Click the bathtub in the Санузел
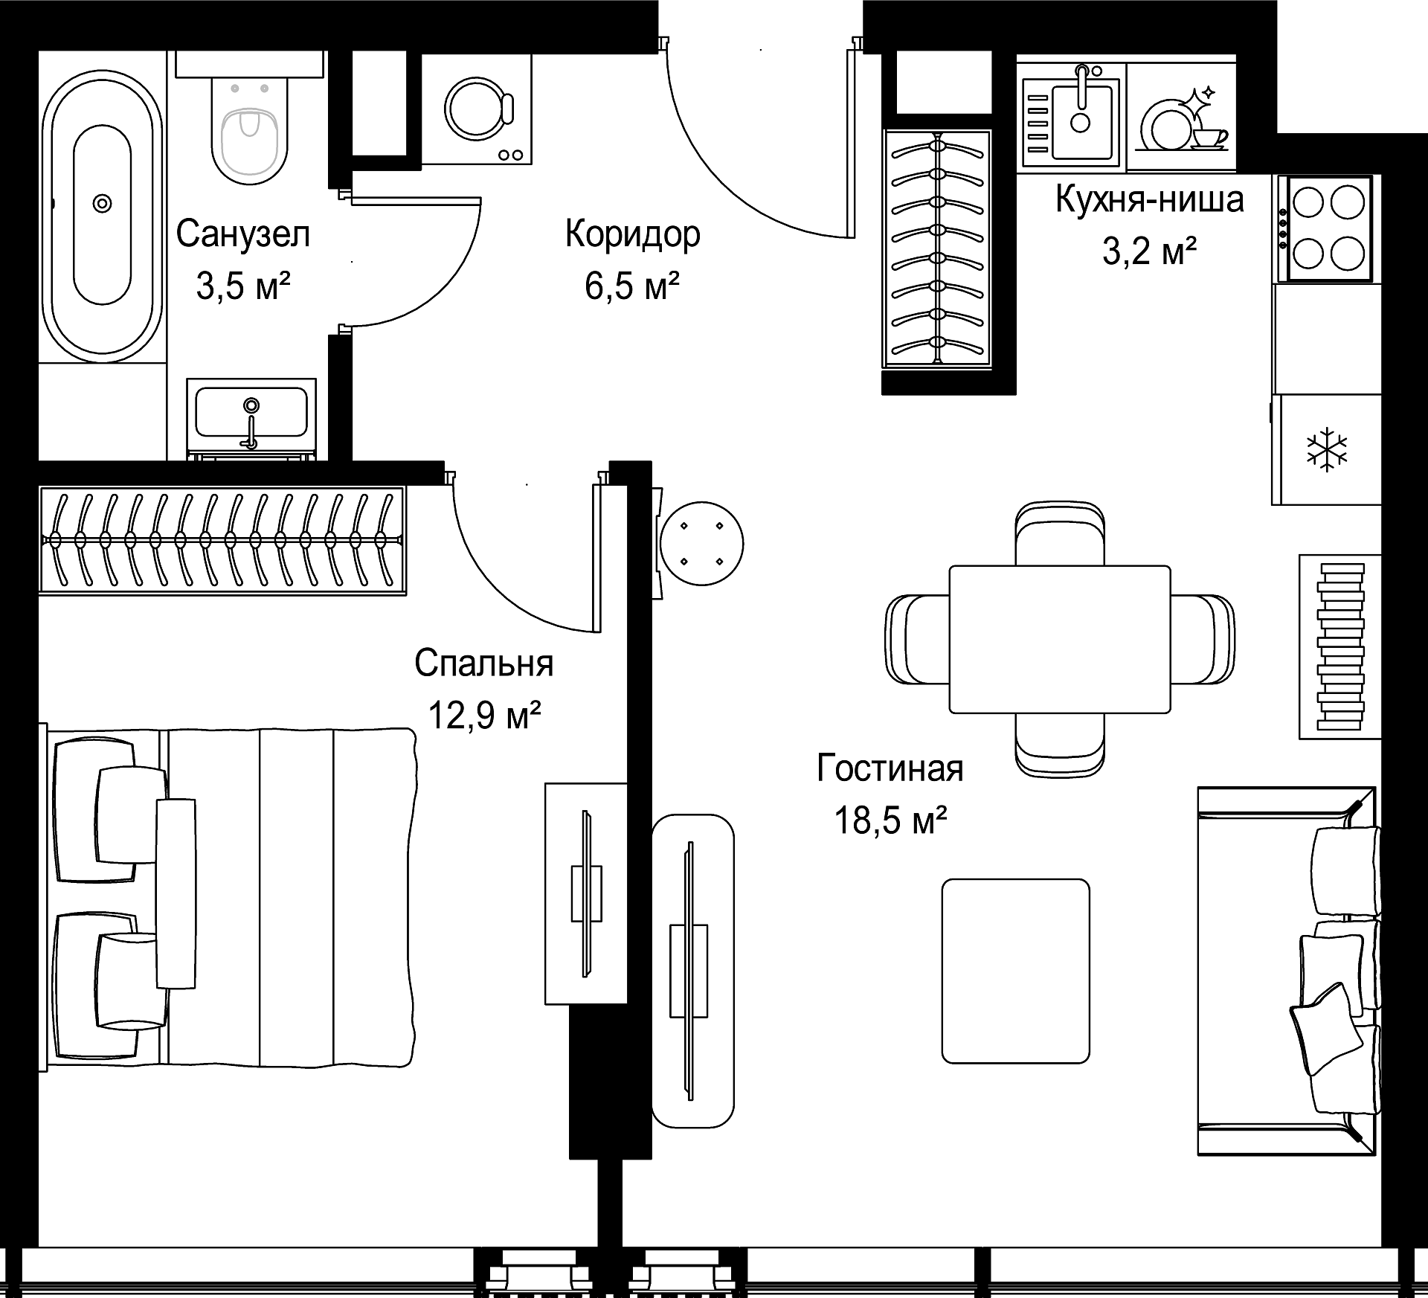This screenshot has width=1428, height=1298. click(x=102, y=216)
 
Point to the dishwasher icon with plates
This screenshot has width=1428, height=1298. click(x=1182, y=119)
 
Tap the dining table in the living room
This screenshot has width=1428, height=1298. click(x=1060, y=639)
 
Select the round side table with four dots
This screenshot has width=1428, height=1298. click(x=701, y=544)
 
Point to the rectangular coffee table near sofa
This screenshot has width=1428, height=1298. click(x=1015, y=971)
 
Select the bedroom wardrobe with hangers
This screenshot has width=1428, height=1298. click(x=222, y=540)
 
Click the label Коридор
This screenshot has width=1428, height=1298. click(x=632, y=234)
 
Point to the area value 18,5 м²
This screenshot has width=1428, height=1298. click(x=890, y=821)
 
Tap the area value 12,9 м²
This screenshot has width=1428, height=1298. click(x=483, y=716)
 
